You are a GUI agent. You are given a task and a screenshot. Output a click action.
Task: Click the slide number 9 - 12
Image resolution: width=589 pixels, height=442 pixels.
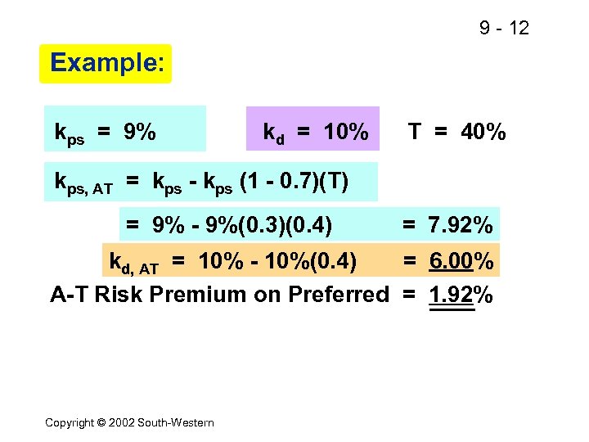[x=504, y=29]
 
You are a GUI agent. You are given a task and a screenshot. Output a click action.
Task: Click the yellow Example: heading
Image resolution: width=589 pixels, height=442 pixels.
[x=106, y=63]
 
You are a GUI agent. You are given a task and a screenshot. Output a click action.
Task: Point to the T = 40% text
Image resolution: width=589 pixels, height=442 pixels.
[x=456, y=131]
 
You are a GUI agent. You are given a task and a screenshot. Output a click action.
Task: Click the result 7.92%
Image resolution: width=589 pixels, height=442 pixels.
[x=461, y=224]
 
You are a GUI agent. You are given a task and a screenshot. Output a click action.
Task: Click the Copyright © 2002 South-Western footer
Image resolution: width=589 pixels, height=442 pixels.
[x=129, y=422]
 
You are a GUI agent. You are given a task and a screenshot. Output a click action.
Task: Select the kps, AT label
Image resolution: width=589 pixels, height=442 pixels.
[x=83, y=183]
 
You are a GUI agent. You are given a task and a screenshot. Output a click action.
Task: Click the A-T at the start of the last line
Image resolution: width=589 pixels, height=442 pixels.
[x=70, y=295]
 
